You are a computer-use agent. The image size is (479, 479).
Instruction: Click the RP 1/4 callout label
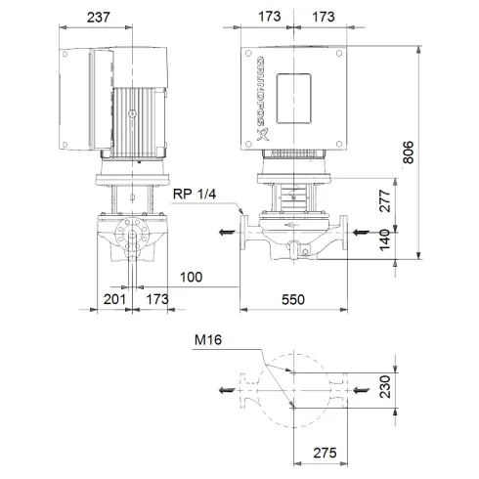(194, 195)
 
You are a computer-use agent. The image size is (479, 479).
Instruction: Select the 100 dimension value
(192, 279)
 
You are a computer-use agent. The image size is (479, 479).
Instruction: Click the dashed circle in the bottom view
(291, 389)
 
